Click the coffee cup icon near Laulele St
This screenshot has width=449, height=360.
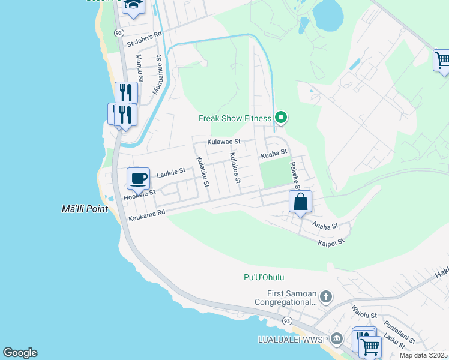(x=138, y=178)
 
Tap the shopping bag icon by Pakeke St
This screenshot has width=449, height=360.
(x=301, y=202)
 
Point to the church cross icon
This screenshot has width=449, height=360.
(x=325, y=296)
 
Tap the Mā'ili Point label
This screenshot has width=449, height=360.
(x=85, y=209)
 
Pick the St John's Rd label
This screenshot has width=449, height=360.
(x=144, y=38)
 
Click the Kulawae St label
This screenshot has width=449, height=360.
(x=223, y=142)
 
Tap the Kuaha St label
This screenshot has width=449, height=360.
(x=273, y=155)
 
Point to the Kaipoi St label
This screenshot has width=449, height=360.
(x=331, y=242)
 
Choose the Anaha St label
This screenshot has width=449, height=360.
(x=325, y=226)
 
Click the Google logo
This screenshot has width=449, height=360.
(x=20, y=353)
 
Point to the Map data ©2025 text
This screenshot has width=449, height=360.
(x=423, y=355)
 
